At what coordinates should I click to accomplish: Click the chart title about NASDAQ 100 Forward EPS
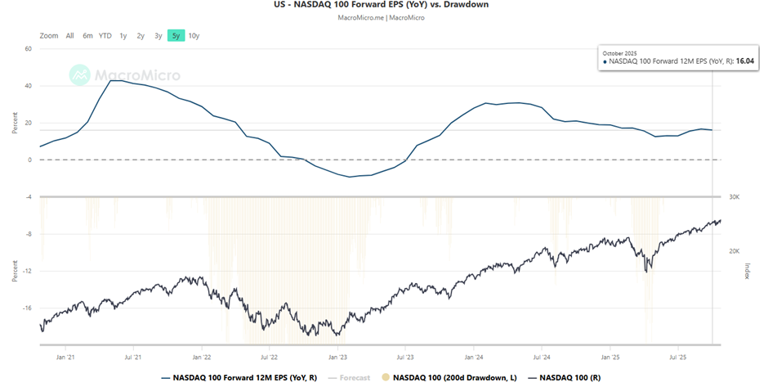(x=383, y=5)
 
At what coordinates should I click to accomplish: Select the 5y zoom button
(x=176, y=35)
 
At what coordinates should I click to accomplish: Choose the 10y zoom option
(x=194, y=35)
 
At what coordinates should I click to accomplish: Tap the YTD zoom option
(x=105, y=35)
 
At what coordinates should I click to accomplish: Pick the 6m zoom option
(x=87, y=35)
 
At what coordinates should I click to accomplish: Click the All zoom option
(x=69, y=35)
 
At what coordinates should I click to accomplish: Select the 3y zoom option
(x=159, y=35)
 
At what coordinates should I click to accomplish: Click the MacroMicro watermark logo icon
(x=80, y=75)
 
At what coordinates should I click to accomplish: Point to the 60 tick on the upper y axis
(x=27, y=49)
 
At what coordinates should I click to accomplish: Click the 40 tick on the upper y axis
(x=27, y=86)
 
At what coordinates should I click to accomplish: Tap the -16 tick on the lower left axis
(x=25, y=308)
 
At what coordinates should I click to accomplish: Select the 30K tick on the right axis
(x=734, y=197)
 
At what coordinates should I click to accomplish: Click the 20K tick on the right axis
(x=734, y=252)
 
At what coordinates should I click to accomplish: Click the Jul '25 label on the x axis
(x=677, y=358)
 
